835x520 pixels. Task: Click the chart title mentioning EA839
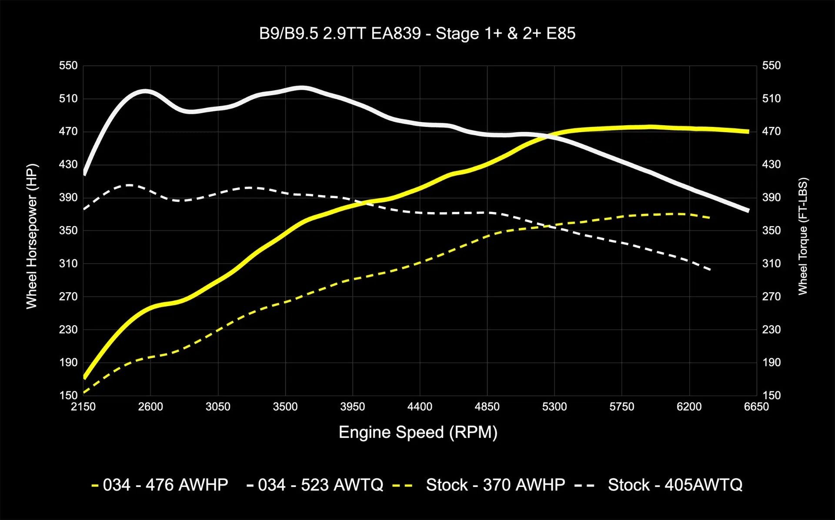click(417, 33)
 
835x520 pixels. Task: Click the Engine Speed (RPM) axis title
click(417, 432)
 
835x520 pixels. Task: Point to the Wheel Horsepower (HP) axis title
click(32, 237)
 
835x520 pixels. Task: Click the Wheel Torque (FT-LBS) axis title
click(802, 237)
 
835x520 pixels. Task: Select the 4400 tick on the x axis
click(420, 407)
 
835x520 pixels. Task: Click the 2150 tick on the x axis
click(83, 407)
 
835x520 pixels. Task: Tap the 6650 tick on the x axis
click(756, 407)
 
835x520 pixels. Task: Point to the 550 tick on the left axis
click(68, 66)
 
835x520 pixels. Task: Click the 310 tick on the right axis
click(771, 263)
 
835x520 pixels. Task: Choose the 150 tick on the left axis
click(68, 395)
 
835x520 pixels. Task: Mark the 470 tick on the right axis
click(771, 131)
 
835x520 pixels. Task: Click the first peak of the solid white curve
click(145, 91)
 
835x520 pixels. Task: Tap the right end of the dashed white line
click(710, 270)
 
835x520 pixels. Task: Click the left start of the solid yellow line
click(84, 377)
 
